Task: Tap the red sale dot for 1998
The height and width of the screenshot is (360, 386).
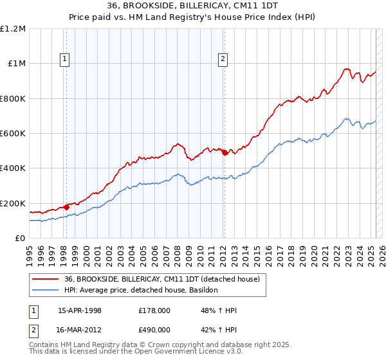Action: tap(66, 208)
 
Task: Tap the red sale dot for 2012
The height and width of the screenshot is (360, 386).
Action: tap(225, 153)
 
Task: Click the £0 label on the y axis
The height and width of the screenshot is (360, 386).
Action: tap(19, 239)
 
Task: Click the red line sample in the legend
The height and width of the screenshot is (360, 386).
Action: tap(45, 279)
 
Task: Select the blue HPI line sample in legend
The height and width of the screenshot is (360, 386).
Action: tap(45, 291)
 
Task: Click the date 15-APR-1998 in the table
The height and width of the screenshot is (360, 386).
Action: tap(80, 310)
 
